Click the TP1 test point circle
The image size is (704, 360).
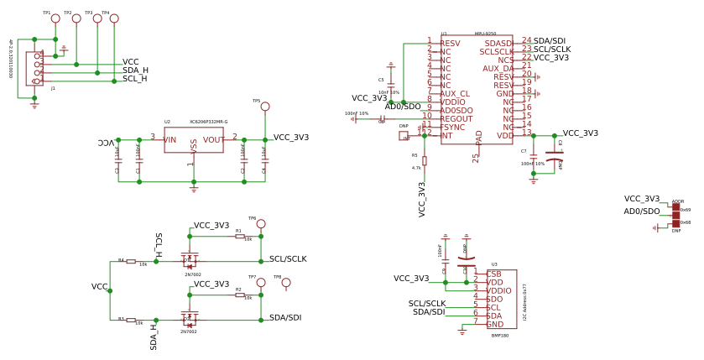(x=55, y=18)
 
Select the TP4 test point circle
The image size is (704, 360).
(x=114, y=18)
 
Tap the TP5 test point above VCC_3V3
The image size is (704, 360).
(x=265, y=107)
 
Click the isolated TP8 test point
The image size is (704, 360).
(x=286, y=283)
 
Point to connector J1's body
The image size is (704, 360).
(x=34, y=69)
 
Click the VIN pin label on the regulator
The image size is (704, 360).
(x=170, y=140)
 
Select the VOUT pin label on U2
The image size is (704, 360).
(x=213, y=140)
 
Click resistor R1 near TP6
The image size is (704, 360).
(x=240, y=237)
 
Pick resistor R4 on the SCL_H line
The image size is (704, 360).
(x=131, y=261)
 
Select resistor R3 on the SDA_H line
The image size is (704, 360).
(x=131, y=320)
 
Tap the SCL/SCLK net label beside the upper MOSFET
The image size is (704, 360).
(x=288, y=259)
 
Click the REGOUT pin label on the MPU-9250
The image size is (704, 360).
(x=456, y=119)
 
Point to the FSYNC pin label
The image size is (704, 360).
(x=453, y=128)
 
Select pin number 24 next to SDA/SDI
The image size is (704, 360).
(x=526, y=40)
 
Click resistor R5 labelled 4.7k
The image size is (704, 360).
(x=424, y=160)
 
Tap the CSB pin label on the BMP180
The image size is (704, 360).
(x=494, y=274)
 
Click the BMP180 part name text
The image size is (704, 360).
(x=500, y=335)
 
